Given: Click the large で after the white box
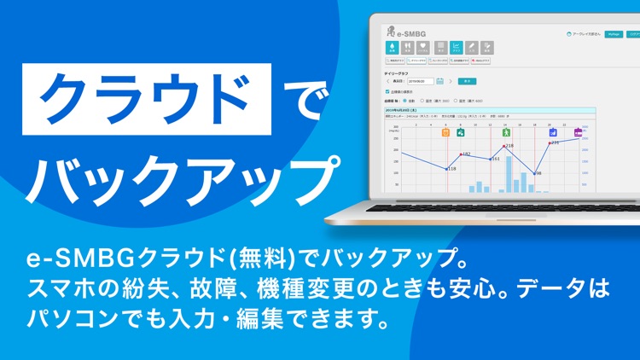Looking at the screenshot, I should [x=298, y=99].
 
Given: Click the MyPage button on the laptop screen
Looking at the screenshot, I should [x=612, y=35].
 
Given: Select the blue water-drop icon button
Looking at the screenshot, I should [x=393, y=49].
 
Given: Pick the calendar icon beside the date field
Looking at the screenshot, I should [x=440, y=81].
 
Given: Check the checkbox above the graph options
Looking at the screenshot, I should [x=389, y=91].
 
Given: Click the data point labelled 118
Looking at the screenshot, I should [x=447, y=169].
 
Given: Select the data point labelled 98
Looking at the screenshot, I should [x=533, y=173].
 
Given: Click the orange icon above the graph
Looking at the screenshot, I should [x=445, y=133].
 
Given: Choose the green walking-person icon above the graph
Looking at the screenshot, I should [x=506, y=133].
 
